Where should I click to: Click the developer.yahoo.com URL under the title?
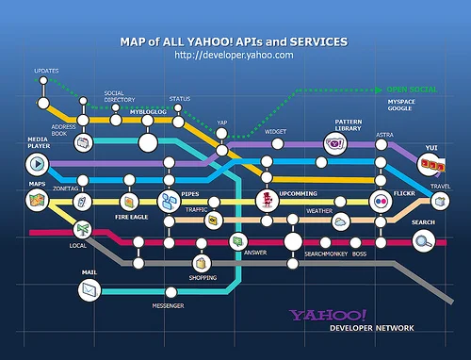234,56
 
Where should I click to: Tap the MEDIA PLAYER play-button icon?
36,164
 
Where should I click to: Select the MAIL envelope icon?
90,291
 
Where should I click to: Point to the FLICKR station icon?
380,201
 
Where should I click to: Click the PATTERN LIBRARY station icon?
333,143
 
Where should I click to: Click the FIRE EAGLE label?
132,216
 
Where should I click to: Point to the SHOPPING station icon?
203,263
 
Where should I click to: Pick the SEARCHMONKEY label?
324,254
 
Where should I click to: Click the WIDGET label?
275,131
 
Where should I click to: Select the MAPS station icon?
37,200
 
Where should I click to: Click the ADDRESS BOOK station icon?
84,142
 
